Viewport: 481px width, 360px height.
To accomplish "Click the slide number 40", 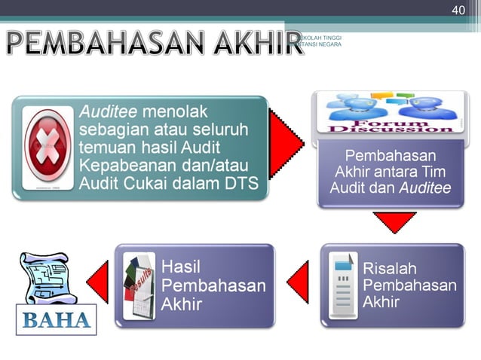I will pos(458,10).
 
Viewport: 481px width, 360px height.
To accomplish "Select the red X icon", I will pos(48,148).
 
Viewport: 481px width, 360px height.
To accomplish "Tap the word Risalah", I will pos(390,268).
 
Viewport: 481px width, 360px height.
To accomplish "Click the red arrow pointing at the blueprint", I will pos(98,285).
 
